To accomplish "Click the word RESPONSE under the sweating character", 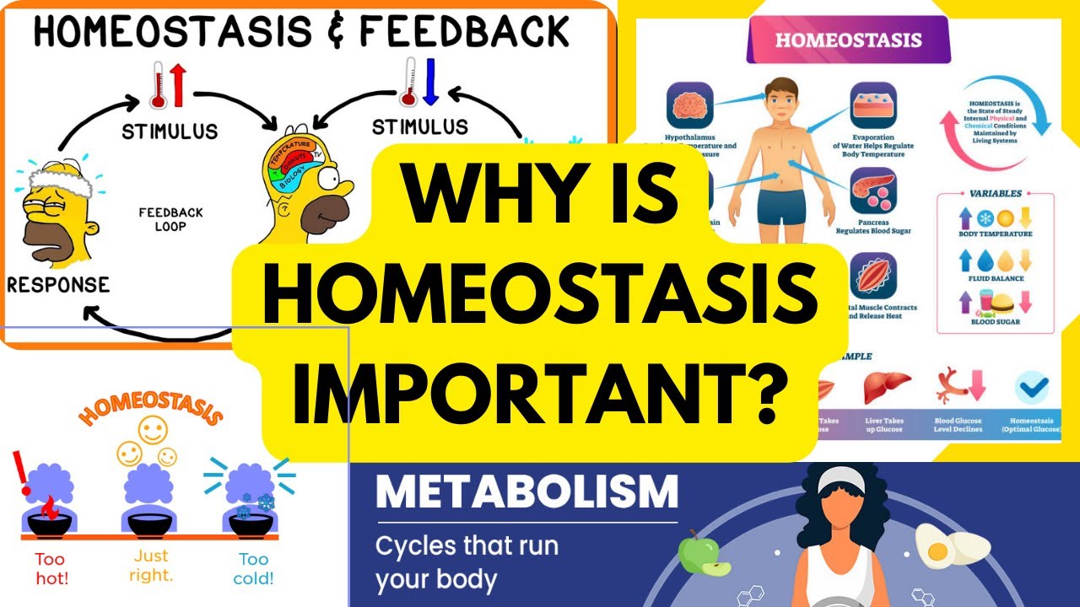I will coord(58,284).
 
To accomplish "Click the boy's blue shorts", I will coord(781,207).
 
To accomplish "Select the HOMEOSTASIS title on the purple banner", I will coord(848,40).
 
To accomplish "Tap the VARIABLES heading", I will coord(996,192).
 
